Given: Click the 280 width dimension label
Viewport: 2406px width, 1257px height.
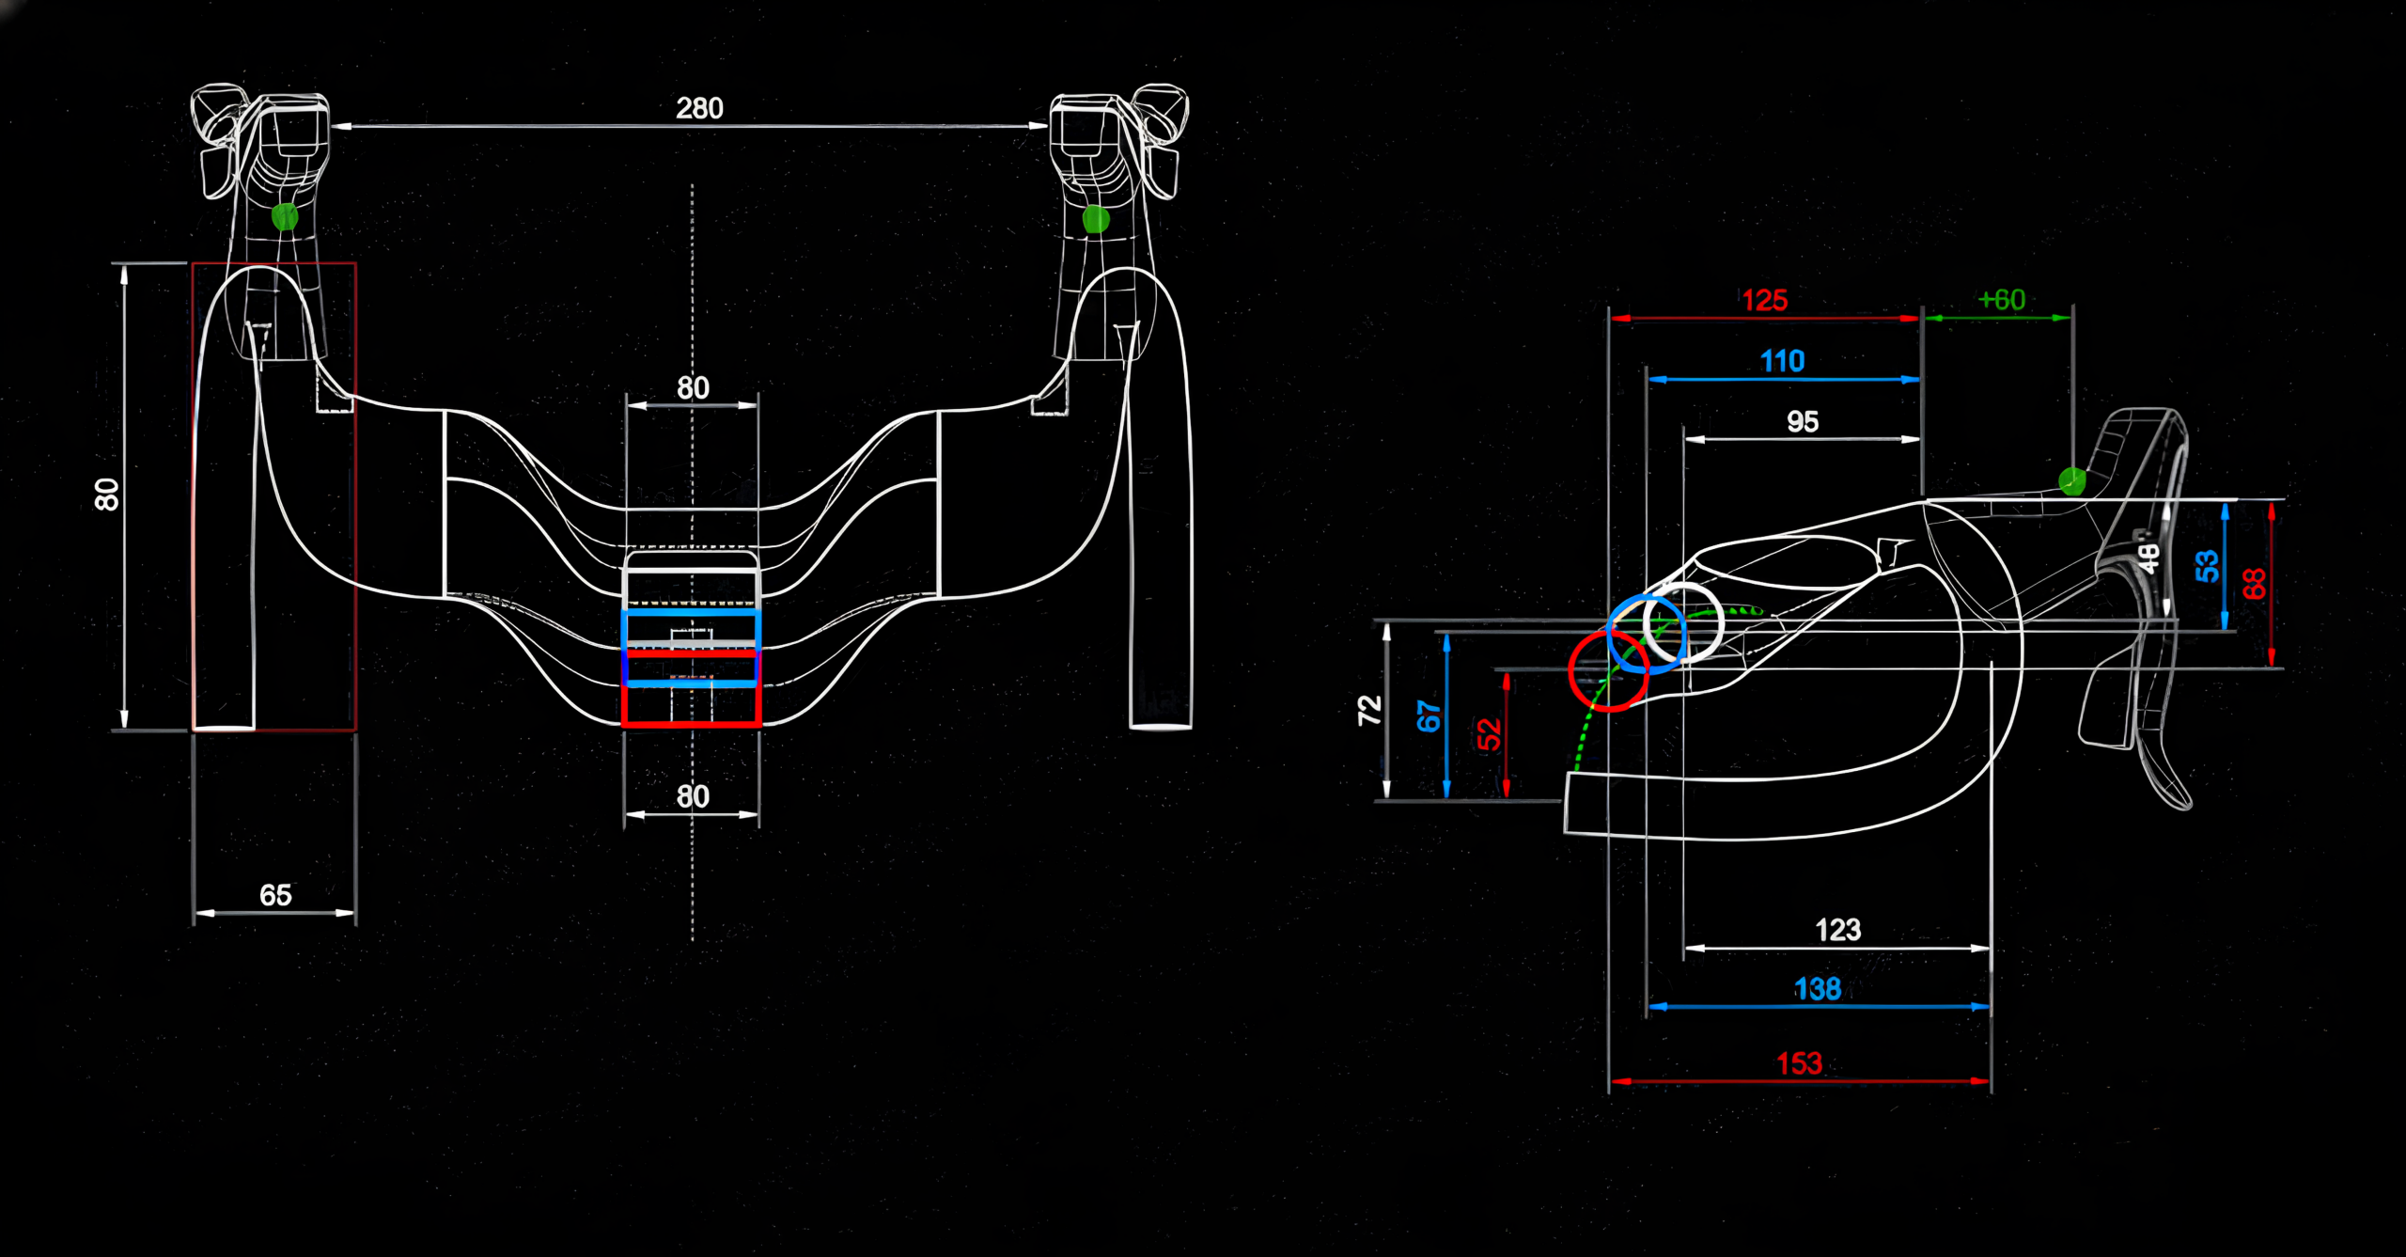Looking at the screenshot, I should coord(699,108).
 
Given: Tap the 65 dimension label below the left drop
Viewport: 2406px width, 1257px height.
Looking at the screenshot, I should coord(275,894).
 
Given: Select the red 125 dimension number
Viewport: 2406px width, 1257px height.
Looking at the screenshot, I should coord(1764,301).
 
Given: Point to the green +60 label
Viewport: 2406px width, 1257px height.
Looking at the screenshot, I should coord(2001,300).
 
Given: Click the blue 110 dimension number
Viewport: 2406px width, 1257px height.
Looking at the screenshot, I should coord(1782,361).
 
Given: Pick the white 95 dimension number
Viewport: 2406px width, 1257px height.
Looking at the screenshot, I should coord(1803,421).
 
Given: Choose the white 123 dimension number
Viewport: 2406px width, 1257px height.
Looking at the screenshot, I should coord(1837,930).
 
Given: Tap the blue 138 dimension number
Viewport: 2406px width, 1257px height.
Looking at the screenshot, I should coord(1817,989).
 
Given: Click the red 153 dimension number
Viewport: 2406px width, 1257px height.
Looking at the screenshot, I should coord(1799,1063).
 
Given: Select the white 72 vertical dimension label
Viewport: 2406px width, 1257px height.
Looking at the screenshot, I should coord(1369,710).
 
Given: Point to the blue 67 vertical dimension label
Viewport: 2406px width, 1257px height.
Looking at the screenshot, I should coord(1429,716).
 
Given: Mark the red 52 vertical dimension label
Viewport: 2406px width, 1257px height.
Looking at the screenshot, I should coord(1489,733).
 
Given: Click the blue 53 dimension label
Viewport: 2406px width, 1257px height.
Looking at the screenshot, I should coord(2206,566).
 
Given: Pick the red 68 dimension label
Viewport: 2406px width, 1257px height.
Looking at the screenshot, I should coord(2254,584).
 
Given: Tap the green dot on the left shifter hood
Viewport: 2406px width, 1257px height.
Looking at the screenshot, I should coord(285,217).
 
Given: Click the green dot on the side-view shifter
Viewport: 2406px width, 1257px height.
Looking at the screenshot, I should coord(2071,481).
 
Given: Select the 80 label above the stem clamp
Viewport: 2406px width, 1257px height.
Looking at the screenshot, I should coord(693,387).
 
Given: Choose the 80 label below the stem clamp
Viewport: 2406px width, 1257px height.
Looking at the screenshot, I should coord(693,796).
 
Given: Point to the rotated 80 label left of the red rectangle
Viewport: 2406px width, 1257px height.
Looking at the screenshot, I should coord(107,495).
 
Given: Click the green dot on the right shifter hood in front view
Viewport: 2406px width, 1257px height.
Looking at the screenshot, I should coord(1096,219).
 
